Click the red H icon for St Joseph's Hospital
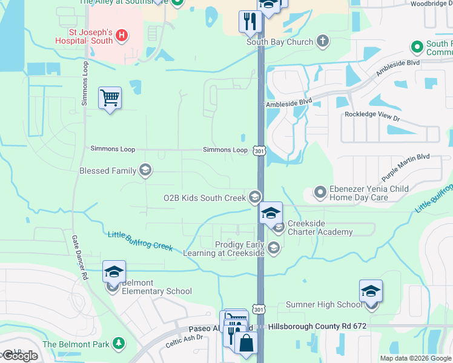tap(122, 36)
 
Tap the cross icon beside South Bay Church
tap(323, 42)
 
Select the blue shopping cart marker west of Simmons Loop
tap(110, 97)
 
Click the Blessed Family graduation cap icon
tap(145, 171)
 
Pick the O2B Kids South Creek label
tap(205, 197)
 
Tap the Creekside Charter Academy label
tap(320, 227)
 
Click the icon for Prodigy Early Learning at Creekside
tap(274, 248)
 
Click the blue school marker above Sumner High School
tap(371, 291)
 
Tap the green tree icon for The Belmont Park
tap(119, 344)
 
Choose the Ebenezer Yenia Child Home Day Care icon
tap(320, 192)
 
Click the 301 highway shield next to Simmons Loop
tap(259, 150)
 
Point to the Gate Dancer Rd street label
tap(79, 257)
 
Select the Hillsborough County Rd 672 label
tap(317, 326)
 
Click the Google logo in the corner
tap(20, 355)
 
